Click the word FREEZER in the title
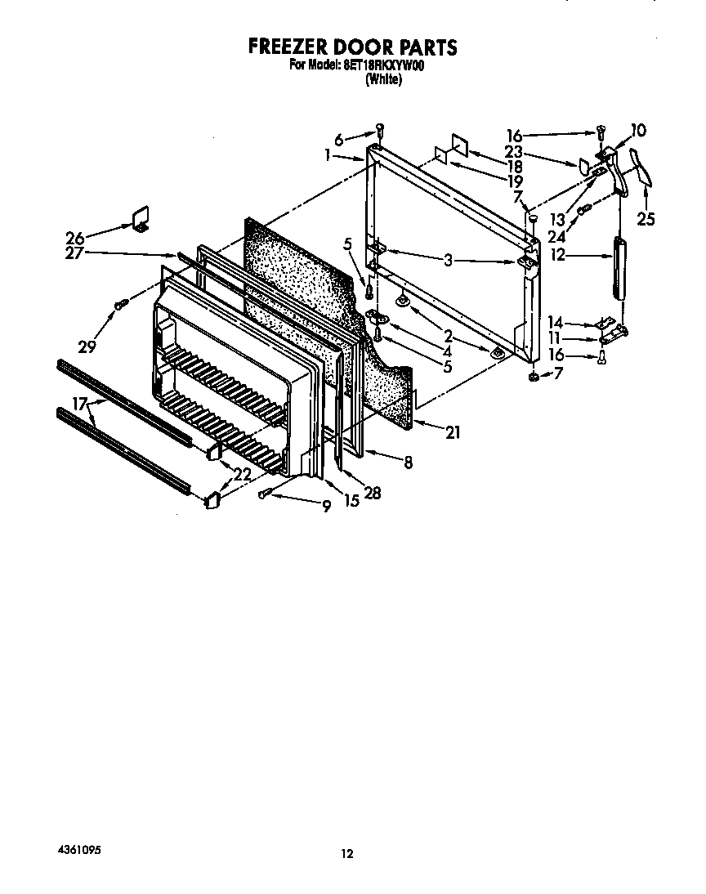point(287,47)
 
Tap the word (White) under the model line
point(383,79)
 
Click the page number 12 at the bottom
point(347,854)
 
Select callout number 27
point(74,253)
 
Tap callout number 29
point(87,346)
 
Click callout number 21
point(451,433)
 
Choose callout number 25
point(646,219)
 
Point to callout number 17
point(79,402)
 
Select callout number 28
point(372,493)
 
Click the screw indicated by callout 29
point(121,305)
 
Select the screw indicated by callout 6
point(380,129)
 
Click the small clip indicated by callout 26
point(139,217)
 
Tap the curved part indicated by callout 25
point(643,174)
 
